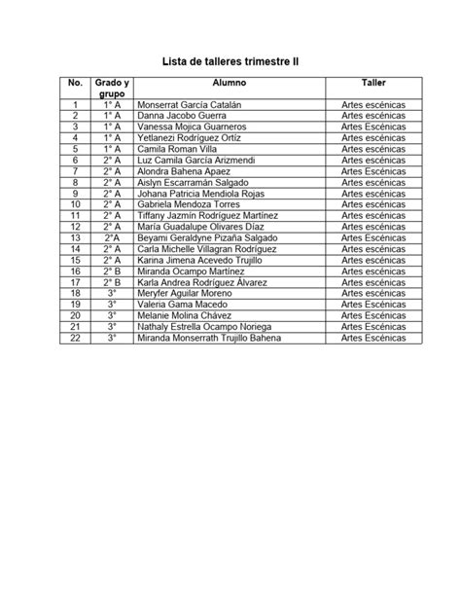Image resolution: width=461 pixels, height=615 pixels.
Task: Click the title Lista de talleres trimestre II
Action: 230,60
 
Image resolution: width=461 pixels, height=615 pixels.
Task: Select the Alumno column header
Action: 230,84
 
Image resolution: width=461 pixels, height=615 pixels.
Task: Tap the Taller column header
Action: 373,84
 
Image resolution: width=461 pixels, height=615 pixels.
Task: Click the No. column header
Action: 75,84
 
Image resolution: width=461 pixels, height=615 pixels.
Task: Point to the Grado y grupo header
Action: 112,89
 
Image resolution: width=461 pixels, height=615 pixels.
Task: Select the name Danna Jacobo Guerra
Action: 181,116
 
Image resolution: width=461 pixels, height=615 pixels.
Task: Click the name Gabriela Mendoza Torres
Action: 189,204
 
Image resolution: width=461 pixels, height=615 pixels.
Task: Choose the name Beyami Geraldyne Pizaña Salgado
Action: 208,237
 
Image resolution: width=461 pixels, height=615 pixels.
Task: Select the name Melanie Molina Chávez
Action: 185,315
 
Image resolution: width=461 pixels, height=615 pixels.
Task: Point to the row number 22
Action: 75,338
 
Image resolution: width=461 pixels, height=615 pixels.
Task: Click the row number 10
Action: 75,204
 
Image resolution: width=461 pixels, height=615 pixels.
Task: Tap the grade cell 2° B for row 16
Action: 112,271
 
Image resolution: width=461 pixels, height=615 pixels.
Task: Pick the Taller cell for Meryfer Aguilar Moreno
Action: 373,293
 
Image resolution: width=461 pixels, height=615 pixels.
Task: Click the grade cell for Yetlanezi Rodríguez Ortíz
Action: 112,137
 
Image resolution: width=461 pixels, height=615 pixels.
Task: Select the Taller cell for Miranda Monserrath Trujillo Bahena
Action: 373,338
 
